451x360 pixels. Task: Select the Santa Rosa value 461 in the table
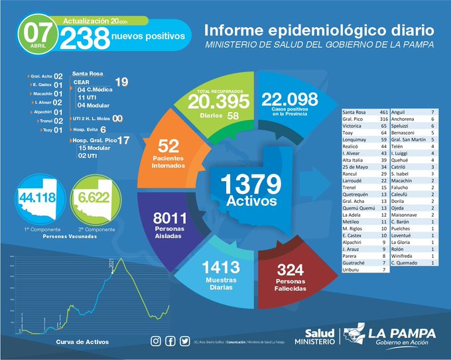click(x=383, y=113)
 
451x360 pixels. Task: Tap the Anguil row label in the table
click(x=400, y=113)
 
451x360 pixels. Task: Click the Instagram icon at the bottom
click(x=155, y=341)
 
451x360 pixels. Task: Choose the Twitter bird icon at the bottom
click(x=184, y=341)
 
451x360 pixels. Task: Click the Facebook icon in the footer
click(x=170, y=341)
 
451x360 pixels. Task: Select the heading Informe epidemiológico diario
click(x=319, y=30)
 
